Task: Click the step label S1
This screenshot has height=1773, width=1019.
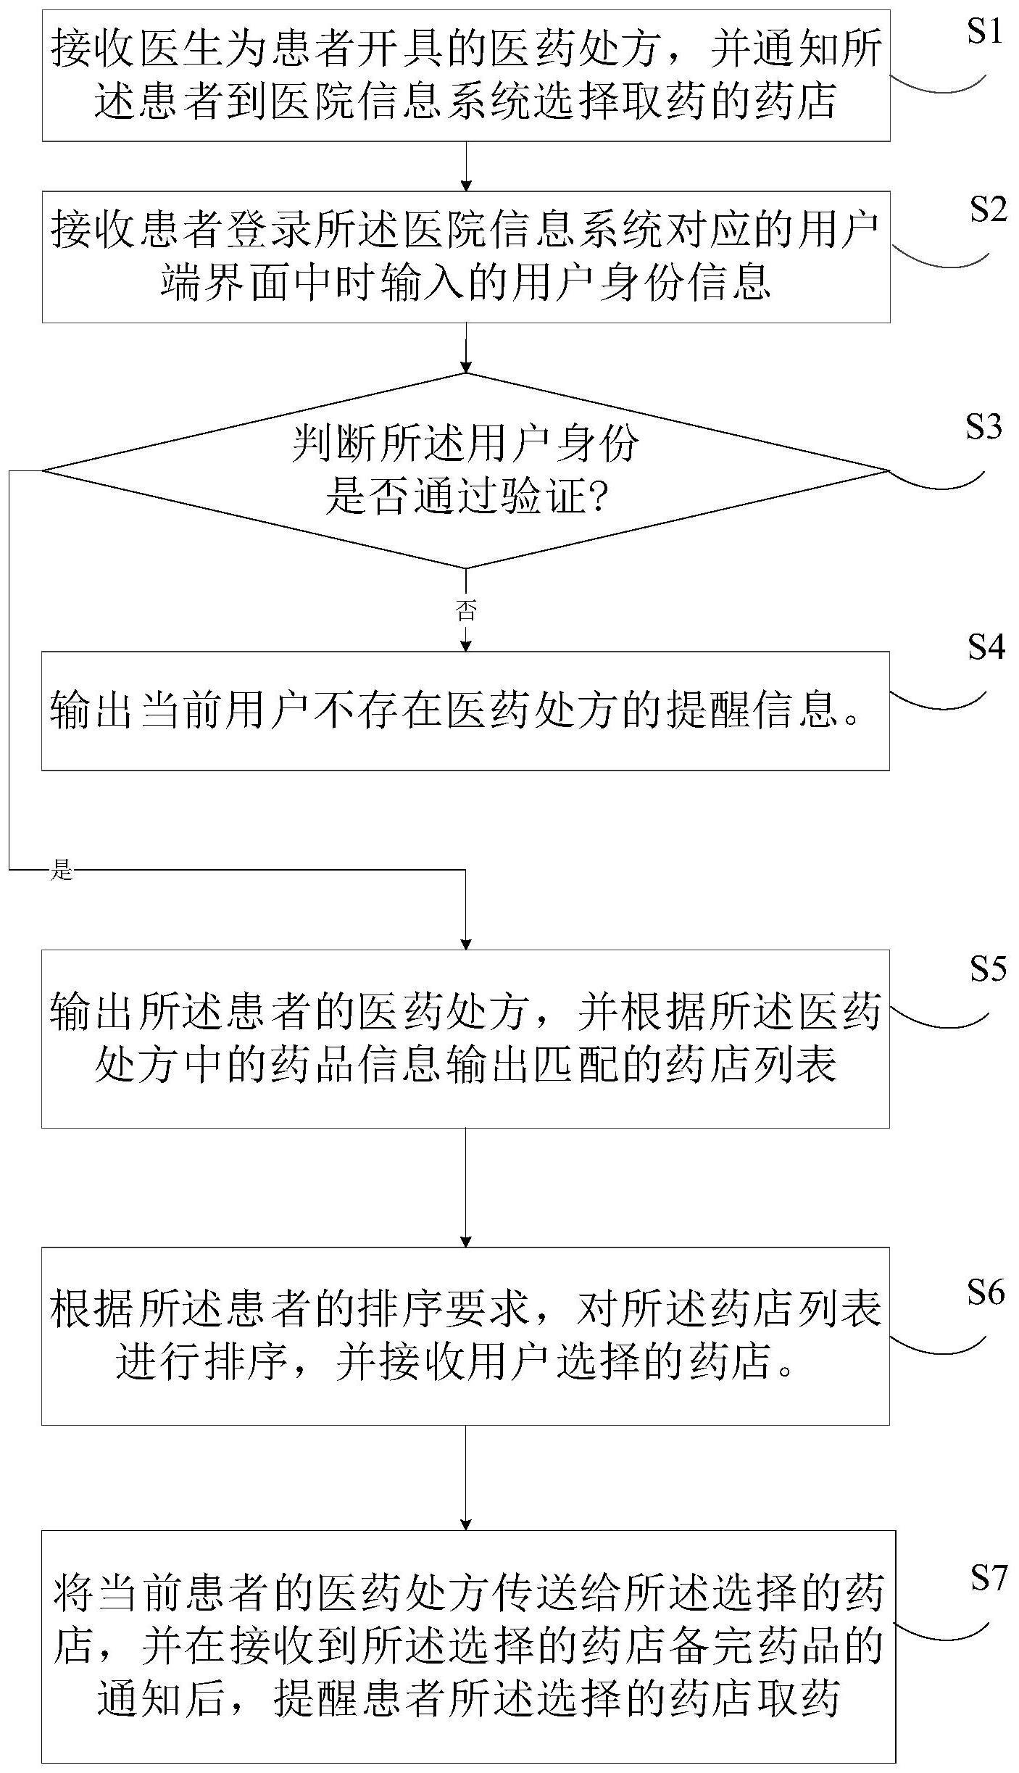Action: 984,33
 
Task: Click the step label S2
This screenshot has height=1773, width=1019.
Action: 987,210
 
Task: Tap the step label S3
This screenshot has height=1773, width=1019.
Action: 983,427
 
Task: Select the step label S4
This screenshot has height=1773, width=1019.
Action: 986,647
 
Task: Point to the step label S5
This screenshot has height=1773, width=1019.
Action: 987,969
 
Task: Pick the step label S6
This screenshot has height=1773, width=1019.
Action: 986,1292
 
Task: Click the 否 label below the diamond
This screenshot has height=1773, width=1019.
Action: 466,610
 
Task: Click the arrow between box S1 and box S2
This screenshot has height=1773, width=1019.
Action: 466,166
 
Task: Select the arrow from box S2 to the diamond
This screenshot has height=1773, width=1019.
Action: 466,348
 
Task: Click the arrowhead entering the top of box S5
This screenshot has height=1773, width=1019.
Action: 466,943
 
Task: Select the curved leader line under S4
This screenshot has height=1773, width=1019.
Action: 939,702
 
